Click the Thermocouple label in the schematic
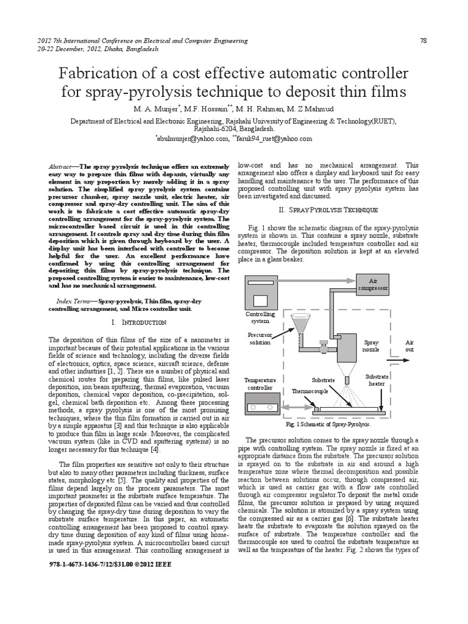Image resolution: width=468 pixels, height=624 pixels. (x=310, y=391)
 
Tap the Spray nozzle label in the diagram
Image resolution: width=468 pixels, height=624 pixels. (x=371, y=347)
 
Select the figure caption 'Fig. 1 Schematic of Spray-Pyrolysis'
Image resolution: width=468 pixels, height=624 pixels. (x=328, y=424)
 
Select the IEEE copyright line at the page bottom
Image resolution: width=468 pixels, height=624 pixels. (x=110, y=565)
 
